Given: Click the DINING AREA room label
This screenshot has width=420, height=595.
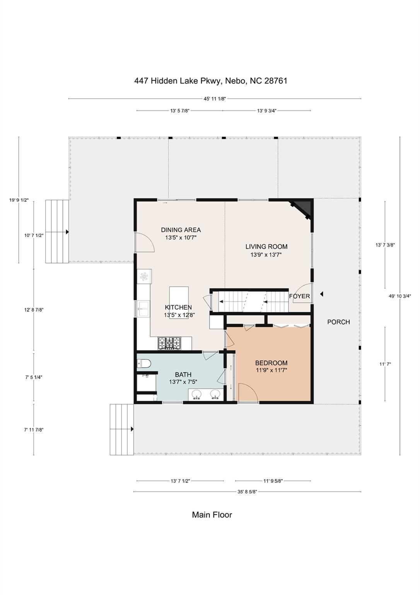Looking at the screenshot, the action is (x=181, y=230).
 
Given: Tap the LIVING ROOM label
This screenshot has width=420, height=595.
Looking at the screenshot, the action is (x=266, y=247).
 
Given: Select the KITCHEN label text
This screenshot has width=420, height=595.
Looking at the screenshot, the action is (x=178, y=307).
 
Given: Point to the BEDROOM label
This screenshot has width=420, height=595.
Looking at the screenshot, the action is (x=271, y=363).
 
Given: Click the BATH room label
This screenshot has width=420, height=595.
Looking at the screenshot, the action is (x=183, y=375).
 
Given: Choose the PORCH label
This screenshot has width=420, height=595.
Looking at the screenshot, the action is (x=338, y=322).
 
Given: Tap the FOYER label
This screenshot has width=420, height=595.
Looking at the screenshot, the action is (x=299, y=296).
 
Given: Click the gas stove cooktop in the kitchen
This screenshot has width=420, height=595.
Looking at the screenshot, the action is (x=169, y=343).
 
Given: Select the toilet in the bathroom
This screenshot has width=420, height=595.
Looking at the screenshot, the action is (x=144, y=363).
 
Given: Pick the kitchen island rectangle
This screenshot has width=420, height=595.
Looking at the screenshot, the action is (x=179, y=303).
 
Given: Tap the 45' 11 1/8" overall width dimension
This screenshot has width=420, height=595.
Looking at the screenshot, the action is (x=215, y=99).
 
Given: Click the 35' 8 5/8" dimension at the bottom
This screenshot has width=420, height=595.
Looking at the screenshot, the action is (x=247, y=492).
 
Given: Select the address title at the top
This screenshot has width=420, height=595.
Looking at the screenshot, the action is (x=211, y=81).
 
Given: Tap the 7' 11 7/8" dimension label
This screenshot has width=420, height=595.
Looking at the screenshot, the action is (x=34, y=429).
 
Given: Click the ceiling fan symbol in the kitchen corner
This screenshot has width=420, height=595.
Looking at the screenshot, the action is (x=144, y=277).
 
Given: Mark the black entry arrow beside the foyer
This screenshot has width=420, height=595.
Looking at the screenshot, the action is (x=322, y=294).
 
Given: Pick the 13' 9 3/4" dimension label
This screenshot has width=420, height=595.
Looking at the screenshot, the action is (x=267, y=111).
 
